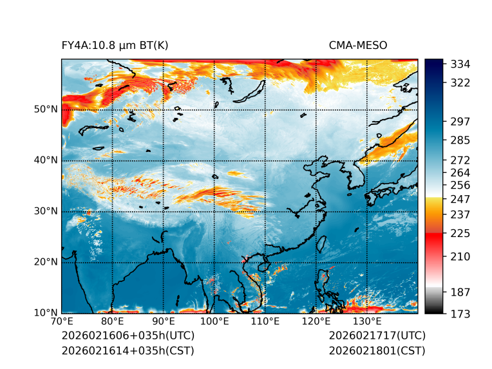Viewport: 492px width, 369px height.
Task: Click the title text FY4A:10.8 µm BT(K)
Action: [x=115, y=45]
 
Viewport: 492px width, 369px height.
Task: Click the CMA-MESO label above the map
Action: [x=357, y=45]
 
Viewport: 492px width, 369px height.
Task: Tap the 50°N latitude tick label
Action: [x=45, y=109]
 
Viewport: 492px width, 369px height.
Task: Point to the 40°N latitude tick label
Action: [x=45, y=160]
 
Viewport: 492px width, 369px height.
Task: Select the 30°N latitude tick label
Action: [x=45, y=211]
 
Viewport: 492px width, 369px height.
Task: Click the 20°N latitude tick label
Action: [x=45, y=261]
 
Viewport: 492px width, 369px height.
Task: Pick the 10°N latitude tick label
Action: [x=45, y=312]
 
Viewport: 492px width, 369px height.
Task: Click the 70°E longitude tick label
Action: [x=62, y=321]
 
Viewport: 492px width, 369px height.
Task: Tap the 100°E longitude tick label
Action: [x=214, y=321]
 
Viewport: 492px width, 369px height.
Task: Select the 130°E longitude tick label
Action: [x=367, y=321]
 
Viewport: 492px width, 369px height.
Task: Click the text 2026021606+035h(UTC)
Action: [x=128, y=336]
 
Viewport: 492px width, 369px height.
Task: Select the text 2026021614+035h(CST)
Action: [x=128, y=350]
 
